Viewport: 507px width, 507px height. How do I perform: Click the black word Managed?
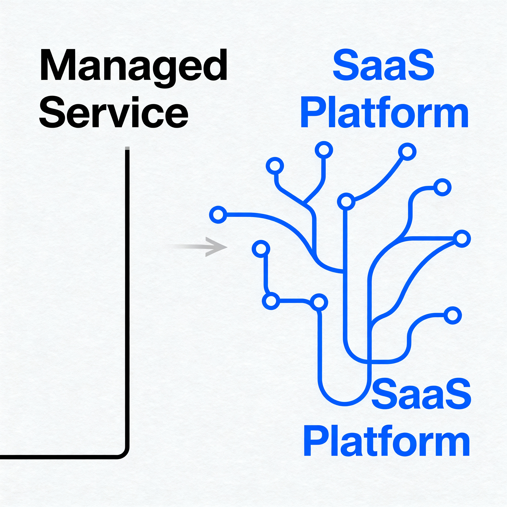133,66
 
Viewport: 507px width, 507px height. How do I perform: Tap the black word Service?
113,112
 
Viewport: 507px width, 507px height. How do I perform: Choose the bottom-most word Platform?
386,441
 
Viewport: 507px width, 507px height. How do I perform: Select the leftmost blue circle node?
218,215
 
